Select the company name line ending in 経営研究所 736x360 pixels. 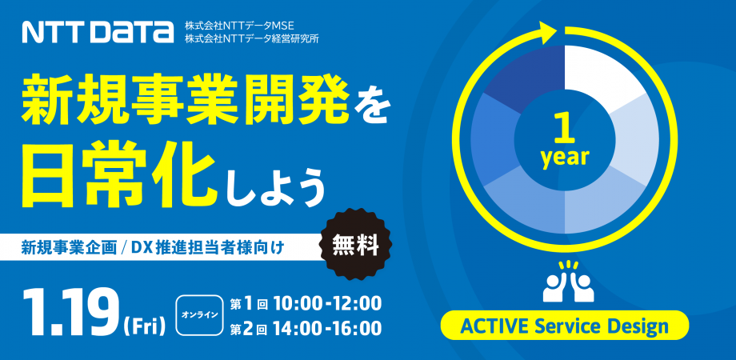[x=251, y=38]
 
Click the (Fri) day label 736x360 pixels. [x=144, y=325]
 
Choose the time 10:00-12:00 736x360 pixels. [x=326, y=303]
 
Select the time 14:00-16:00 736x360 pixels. [x=326, y=329]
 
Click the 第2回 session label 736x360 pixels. [x=247, y=329]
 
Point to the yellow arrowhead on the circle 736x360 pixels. [x=546, y=34]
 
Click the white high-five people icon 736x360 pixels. [x=567, y=282]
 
